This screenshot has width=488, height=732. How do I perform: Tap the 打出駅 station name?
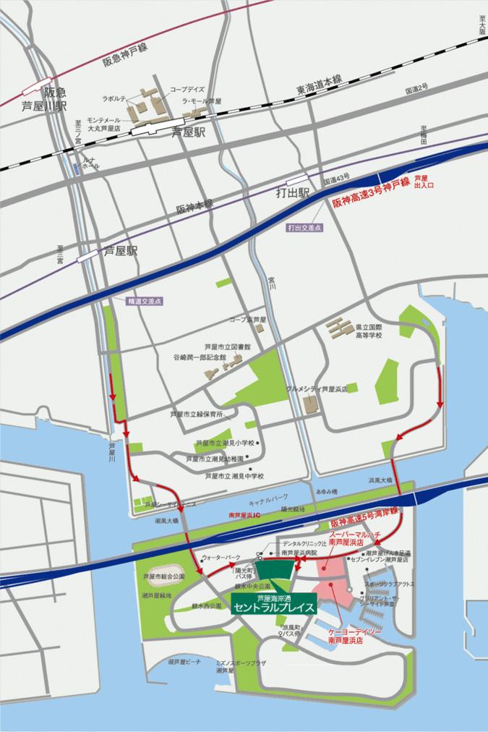click(293, 193)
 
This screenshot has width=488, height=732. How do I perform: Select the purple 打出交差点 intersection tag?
click(304, 227)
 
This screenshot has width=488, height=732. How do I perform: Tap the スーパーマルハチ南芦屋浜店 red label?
click(354, 537)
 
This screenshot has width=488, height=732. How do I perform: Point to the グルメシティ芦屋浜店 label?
click(317, 388)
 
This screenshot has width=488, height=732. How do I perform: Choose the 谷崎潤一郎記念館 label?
click(200, 357)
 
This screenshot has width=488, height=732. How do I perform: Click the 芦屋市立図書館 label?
click(227, 346)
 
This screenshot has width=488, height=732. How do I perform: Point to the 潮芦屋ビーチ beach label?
click(184, 662)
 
